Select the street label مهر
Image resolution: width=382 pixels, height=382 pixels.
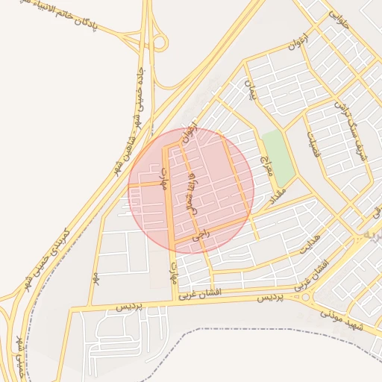click(96, 278)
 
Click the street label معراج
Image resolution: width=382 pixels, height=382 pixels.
click(265, 168)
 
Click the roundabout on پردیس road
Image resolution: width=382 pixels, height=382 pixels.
click(306, 298)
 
